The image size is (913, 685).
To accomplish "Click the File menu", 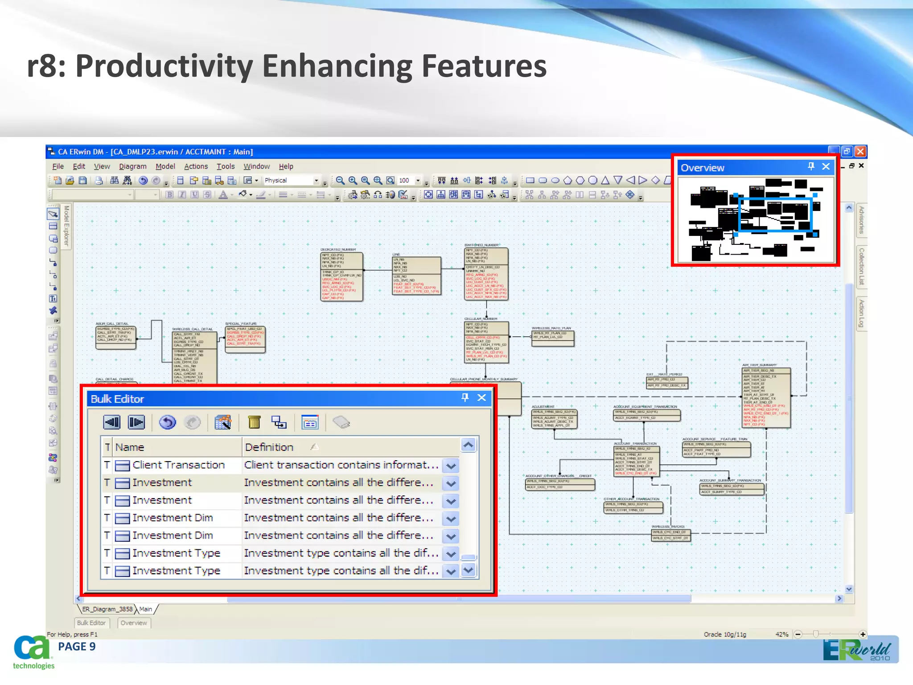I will tap(58, 166).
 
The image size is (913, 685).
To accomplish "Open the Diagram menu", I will tap(132, 166).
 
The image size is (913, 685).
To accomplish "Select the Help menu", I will tap(286, 166).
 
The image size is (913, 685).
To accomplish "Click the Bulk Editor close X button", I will tap(481, 398).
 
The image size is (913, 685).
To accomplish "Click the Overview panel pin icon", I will tap(811, 166).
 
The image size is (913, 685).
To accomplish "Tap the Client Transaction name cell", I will tap(178, 465).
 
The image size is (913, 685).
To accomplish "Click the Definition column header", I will tap(269, 447).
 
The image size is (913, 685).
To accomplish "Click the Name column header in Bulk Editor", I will tap(130, 447).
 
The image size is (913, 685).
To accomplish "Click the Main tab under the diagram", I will tap(146, 609).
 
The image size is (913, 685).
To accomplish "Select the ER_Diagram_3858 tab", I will tap(107, 609).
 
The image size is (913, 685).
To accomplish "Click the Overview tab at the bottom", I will tap(134, 623).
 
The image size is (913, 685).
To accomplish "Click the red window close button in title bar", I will tap(860, 152).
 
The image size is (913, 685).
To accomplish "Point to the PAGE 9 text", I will tap(77, 647).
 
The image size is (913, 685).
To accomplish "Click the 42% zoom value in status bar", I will tap(781, 634).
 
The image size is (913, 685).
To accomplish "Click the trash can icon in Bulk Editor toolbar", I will tap(254, 422).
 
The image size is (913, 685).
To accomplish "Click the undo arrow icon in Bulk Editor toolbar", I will tap(168, 422).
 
